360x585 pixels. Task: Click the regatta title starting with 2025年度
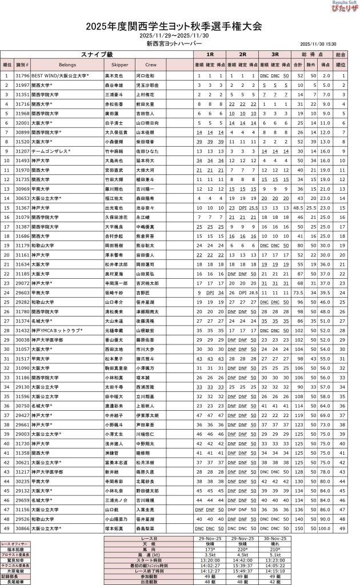coord(174,26)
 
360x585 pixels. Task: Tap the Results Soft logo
coord(343,7)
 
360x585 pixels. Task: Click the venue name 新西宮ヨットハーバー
coord(174,43)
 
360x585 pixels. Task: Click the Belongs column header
coord(67,65)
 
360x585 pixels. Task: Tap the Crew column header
coord(150,65)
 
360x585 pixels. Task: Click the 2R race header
coord(242,54)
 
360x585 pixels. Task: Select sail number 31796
coord(22,75)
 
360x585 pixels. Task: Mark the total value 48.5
coord(298,207)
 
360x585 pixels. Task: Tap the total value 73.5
coord(298,292)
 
